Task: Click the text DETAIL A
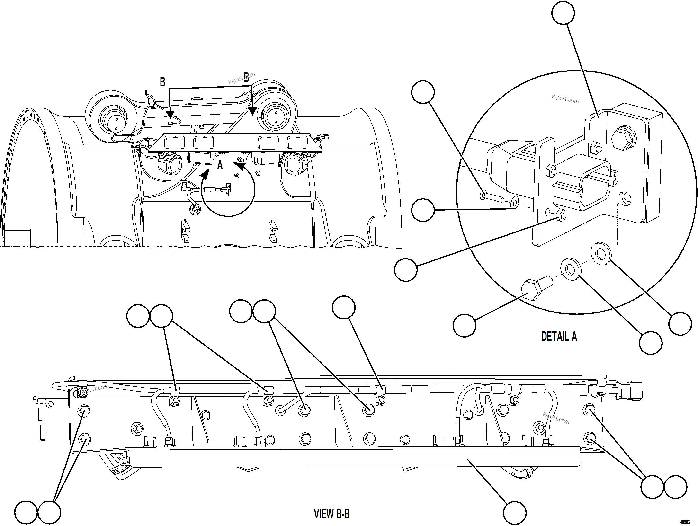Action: tap(559, 336)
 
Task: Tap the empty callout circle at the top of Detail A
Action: tap(563, 13)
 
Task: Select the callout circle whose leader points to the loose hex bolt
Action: tap(464, 325)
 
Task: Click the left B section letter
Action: tap(162, 82)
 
